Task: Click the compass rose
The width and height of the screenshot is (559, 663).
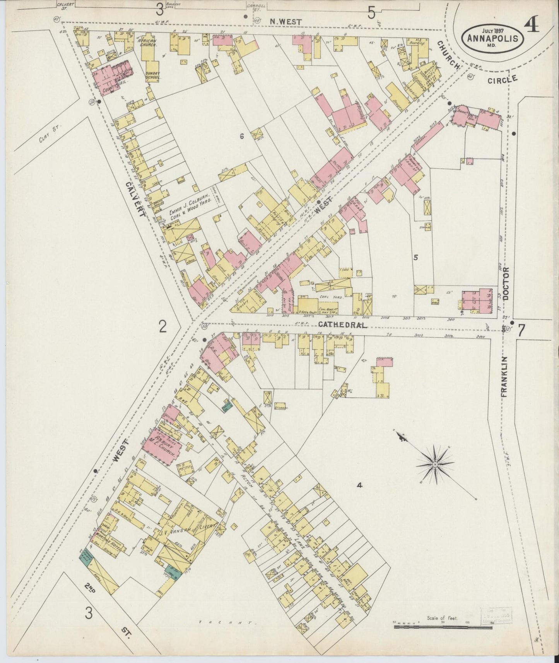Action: tap(435, 464)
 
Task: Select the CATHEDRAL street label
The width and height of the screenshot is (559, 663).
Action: tap(342, 325)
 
